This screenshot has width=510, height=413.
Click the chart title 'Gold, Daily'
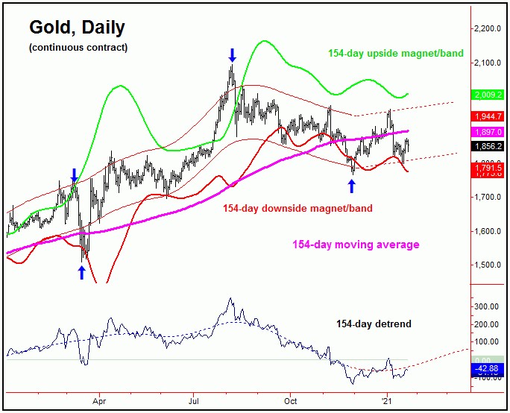click(x=77, y=28)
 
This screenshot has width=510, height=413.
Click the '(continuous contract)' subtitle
click(x=78, y=48)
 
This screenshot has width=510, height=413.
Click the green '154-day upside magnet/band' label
click(x=395, y=54)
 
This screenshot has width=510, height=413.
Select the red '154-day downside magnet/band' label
click(x=297, y=209)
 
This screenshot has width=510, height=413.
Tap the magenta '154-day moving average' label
click(x=356, y=245)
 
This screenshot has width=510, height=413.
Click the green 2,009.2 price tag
click(x=488, y=95)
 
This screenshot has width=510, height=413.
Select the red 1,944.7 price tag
click(x=488, y=117)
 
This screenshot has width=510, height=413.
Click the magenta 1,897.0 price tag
click(x=488, y=132)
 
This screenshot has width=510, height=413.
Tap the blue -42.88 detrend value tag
click(x=488, y=368)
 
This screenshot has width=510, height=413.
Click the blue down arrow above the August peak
click(x=232, y=54)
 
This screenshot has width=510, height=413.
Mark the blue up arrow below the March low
click(x=81, y=273)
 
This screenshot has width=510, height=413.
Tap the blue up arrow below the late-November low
click(x=352, y=186)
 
